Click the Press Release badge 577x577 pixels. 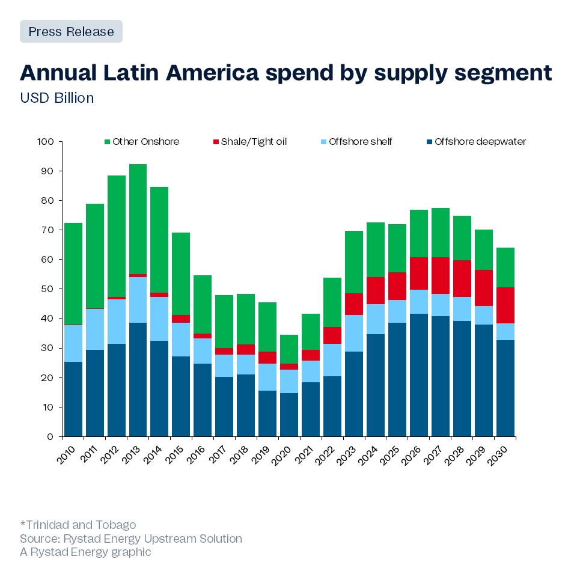coord(71,31)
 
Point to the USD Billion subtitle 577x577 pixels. coord(57,97)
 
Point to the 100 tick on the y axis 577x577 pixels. coord(46,142)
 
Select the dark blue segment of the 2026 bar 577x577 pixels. coord(419,375)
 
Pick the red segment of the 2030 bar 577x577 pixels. coord(505,305)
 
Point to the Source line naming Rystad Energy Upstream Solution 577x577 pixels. coord(131,539)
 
